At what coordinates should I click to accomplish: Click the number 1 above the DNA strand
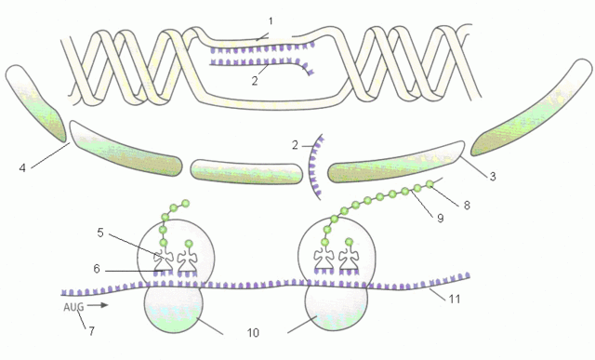coord(270,20)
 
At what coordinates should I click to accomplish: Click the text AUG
coord(74,306)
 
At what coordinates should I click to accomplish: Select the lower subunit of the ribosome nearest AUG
coord(177,309)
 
